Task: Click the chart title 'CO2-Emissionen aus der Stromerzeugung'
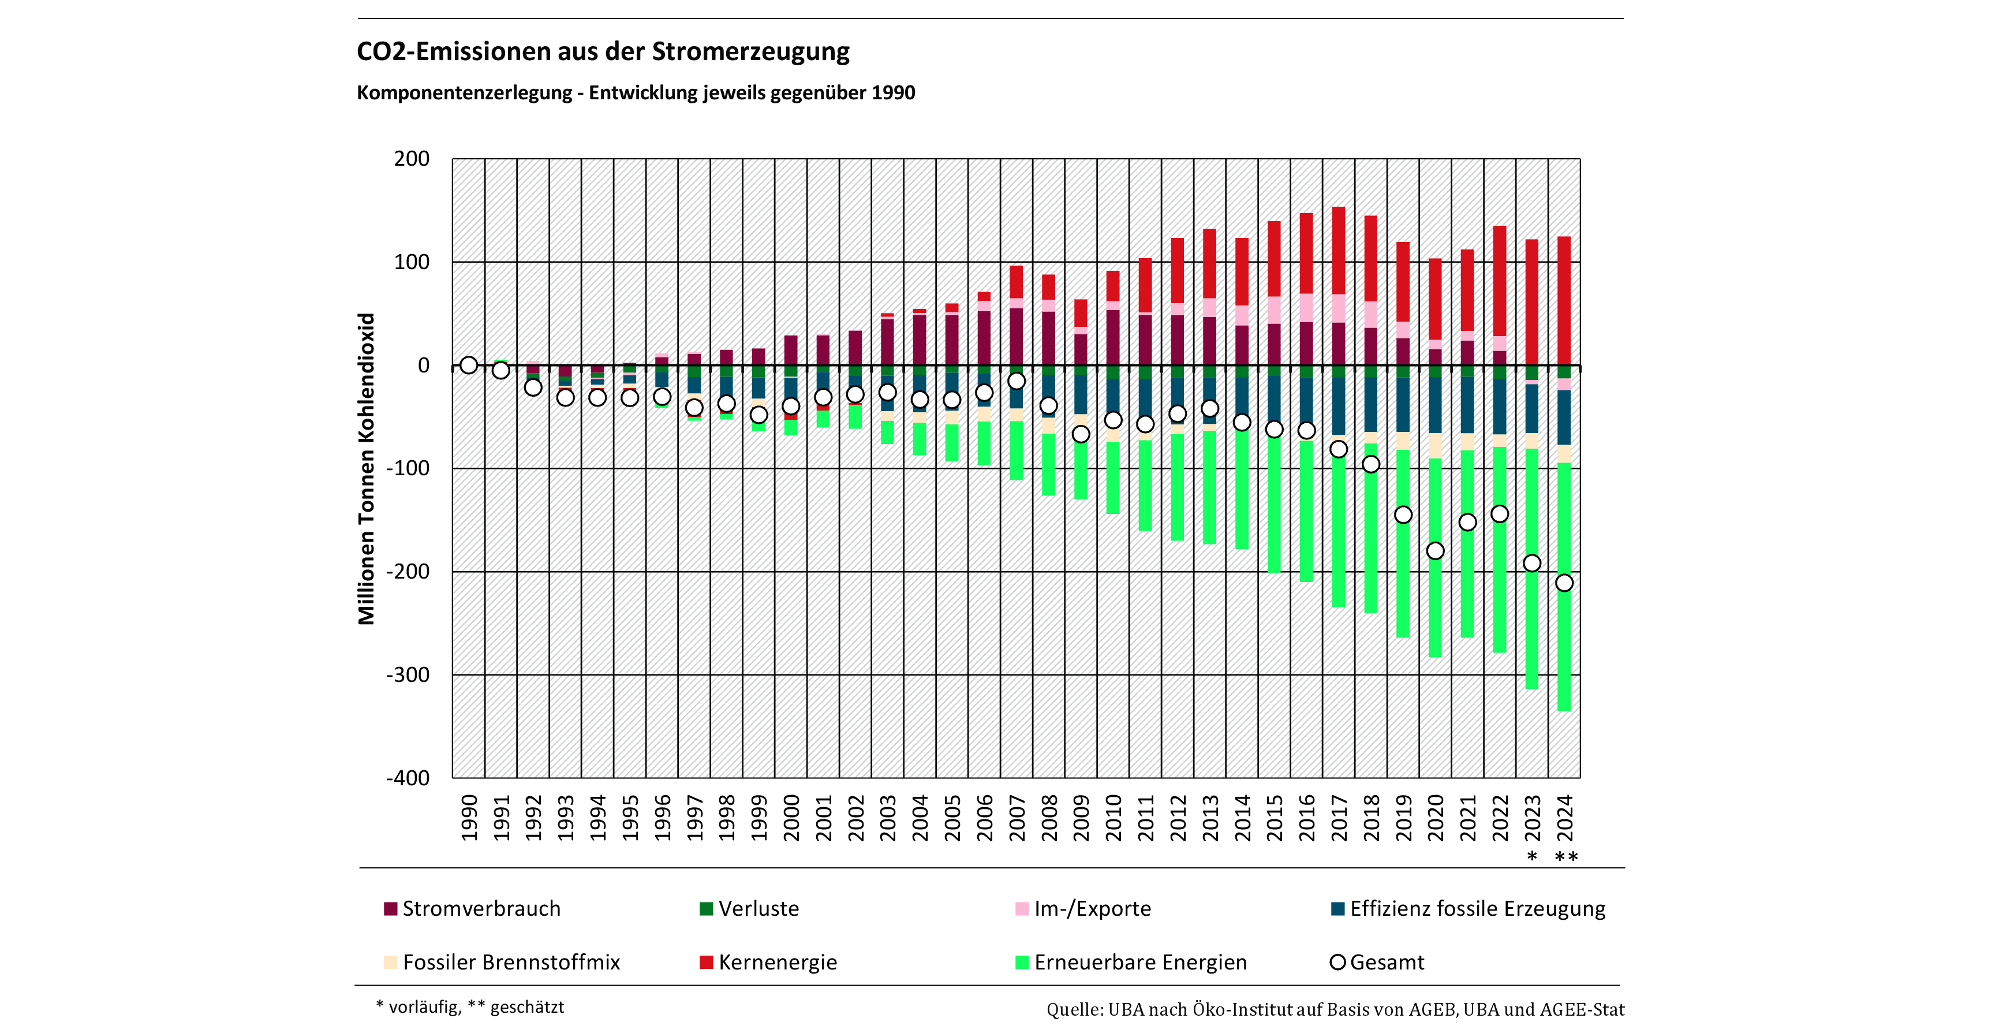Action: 603,51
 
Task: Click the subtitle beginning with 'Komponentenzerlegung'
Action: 635,93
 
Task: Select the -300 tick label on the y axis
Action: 408,675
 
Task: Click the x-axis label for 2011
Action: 1145,817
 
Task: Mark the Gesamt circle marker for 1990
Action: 468,365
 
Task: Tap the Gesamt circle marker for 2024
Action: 1564,583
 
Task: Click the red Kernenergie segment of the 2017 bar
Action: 1339,250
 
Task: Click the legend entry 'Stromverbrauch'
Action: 481,909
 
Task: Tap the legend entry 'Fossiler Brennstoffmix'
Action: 510,963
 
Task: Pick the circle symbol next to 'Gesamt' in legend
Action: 1337,963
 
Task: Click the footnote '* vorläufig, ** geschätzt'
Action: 470,1007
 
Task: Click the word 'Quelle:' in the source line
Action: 1075,1009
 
